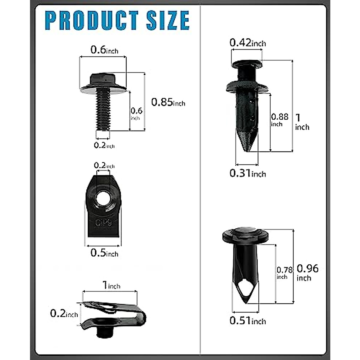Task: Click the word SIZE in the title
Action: click(168, 20)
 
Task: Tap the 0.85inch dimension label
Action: click(168, 102)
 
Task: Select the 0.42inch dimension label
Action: click(247, 43)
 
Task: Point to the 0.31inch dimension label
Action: click(247, 173)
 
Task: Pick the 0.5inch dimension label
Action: click(104, 253)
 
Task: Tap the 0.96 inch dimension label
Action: click(307, 273)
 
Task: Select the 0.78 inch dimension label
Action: click(284, 273)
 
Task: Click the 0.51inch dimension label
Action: click(247, 321)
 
